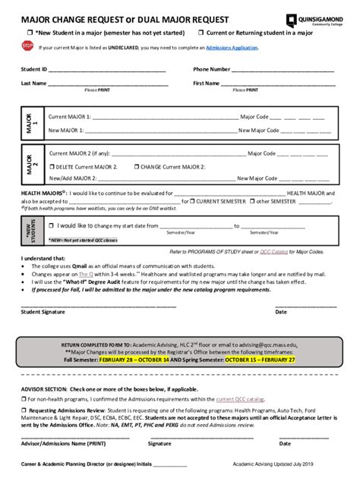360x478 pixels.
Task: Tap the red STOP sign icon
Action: [27, 46]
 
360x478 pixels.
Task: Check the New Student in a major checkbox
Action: [30, 33]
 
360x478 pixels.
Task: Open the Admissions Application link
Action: [232, 47]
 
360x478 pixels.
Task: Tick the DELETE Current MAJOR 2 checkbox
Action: [52, 166]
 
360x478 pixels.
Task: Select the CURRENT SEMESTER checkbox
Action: [192, 202]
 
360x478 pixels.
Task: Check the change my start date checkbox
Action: [51, 225]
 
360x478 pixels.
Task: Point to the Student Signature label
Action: [43, 311]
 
